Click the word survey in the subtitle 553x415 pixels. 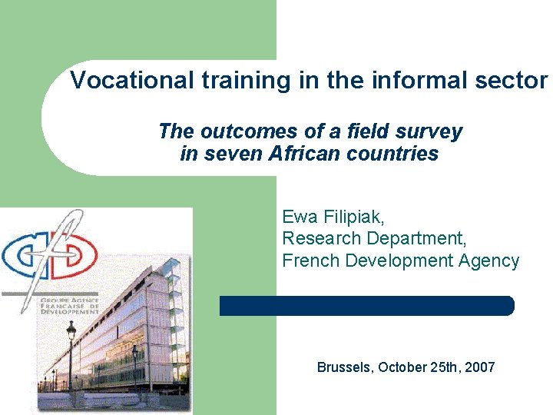point(431,131)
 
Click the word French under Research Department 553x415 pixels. point(311,261)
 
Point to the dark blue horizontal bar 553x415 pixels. point(366,306)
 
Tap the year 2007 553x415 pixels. point(479,367)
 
